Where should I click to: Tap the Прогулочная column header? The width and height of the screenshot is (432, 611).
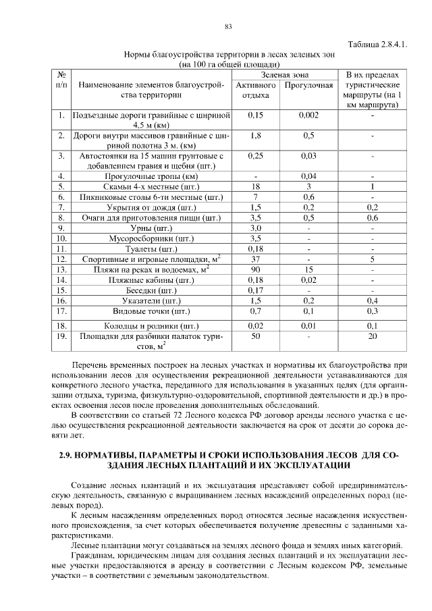(x=309, y=86)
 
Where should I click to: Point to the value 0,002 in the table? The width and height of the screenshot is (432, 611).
(x=309, y=115)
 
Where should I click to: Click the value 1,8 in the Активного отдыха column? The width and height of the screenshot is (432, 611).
(x=256, y=136)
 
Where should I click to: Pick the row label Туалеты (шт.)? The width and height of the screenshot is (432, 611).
(x=152, y=248)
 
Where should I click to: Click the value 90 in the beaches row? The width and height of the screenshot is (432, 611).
(x=256, y=269)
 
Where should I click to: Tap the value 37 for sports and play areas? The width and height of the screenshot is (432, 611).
(x=256, y=259)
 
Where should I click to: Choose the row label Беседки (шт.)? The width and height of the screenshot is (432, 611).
(x=152, y=290)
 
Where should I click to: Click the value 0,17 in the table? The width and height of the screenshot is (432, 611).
(x=256, y=290)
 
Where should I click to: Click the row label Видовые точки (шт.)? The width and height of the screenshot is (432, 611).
(x=152, y=311)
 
